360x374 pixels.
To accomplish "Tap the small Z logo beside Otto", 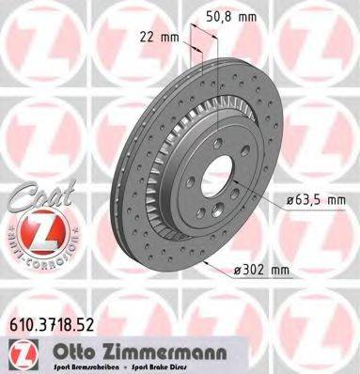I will (19, 352).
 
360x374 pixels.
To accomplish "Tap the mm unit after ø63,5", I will (337, 200).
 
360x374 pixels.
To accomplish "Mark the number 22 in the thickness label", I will (144, 36).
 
